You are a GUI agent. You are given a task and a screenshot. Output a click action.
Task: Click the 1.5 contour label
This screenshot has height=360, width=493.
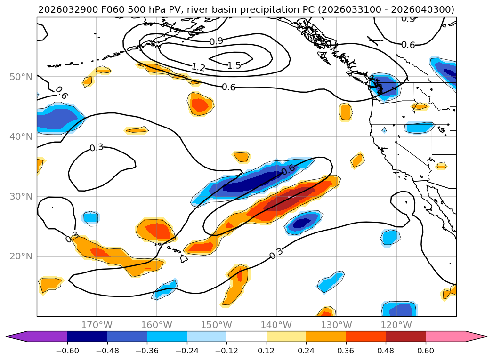coord(234,65)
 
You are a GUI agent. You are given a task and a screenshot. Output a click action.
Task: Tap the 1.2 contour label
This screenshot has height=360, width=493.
coord(198,67)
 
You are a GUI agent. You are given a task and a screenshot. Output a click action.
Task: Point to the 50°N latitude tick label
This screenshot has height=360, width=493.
coord(21,77)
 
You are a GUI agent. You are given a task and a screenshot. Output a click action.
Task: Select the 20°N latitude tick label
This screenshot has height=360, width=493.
coord(21,256)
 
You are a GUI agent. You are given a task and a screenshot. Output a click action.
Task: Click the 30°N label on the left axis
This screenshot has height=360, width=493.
coord(21,197)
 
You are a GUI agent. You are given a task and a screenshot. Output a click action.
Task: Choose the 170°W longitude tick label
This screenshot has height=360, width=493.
coord(97,325)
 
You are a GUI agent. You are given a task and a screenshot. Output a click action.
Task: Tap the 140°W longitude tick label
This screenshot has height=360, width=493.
coord(276,325)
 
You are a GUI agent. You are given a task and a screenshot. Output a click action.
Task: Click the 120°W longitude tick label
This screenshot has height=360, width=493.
coord(396,325)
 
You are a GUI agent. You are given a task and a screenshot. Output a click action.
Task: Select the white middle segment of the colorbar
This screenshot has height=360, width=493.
coord(246,336)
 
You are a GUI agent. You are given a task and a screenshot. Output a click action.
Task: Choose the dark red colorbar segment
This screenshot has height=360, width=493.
coord(405,336)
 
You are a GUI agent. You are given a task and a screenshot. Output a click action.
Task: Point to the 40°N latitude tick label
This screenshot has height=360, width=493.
coord(21,136)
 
